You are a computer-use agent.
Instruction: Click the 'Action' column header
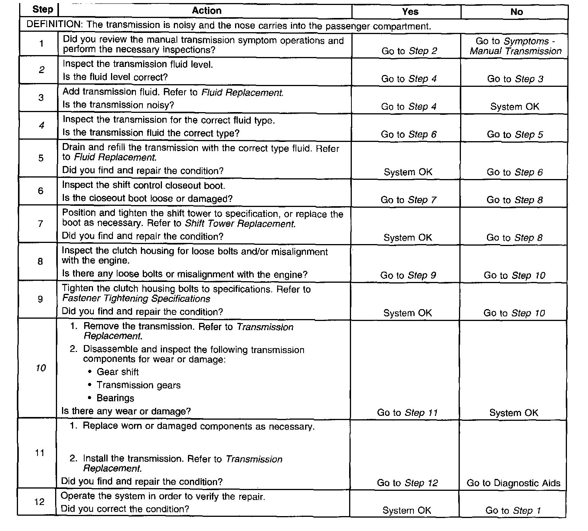pyautogui.click(x=206, y=10)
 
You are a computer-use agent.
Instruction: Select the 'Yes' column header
pyautogui.click(x=410, y=11)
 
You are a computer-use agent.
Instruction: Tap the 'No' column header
pyautogui.click(x=516, y=12)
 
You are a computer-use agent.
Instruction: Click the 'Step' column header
pyautogui.click(x=42, y=9)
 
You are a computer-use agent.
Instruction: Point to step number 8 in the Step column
pyautogui.click(x=40, y=262)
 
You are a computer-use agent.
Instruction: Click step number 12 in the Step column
pyautogui.click(x=39, y=502)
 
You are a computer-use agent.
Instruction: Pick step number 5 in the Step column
pyautogui.click(x=41, y=158)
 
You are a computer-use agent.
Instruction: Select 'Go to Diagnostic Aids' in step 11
pyautogui.click(x=513, y=483)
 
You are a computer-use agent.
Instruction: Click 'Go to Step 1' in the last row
pyautogui.click(x=513, y=511)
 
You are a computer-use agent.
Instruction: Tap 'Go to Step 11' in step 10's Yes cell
pyautogui.click(x=407, y=413)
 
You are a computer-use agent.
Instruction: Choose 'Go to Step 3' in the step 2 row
pyautogui.click(x=515, y=79)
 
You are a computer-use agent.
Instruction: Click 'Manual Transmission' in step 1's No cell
pyautogui.click(x=515, y=51)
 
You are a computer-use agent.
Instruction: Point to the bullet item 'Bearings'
pyautogui.click(x=115, y=398)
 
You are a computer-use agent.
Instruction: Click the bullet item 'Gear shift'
pyautogui.click(x=118, y=372)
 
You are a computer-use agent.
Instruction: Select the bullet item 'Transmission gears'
pyautogui.click(x=138, y=385)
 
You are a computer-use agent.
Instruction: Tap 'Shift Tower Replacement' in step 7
pyautogui.click(x=240, y=224)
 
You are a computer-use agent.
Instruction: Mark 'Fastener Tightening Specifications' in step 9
pyautogui.click(x=136, y=299)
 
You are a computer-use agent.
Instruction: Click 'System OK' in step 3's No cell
pyautogui.click(x=514, y=107)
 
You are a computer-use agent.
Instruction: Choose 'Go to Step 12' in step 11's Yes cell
pyautogui.click(x=407, y=483)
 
